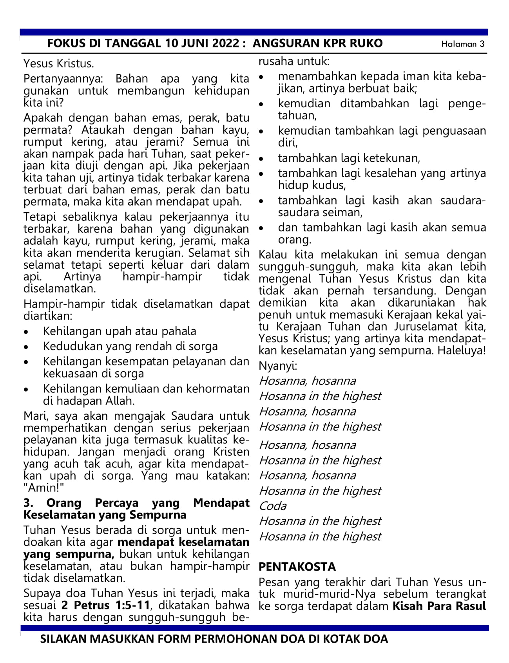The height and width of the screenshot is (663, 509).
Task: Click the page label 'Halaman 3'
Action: [463, 44]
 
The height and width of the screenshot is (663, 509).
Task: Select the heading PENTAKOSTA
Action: [297, 567]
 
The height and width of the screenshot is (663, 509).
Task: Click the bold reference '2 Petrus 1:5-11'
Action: [106, 605]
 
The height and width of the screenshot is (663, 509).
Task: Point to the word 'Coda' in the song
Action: [273, 506]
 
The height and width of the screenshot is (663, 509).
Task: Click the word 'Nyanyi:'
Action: [278, 366]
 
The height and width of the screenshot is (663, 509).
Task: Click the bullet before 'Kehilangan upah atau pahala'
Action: [26, 332]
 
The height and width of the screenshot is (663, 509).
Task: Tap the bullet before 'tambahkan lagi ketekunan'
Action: [261, 159]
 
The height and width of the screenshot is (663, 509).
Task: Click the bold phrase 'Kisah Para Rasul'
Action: [439, 606]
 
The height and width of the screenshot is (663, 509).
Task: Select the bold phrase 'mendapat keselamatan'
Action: [183, 542]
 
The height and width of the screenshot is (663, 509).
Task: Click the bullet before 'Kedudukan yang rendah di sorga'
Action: [26, 347]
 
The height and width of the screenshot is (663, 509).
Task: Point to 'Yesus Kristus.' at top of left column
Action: [59, 63]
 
